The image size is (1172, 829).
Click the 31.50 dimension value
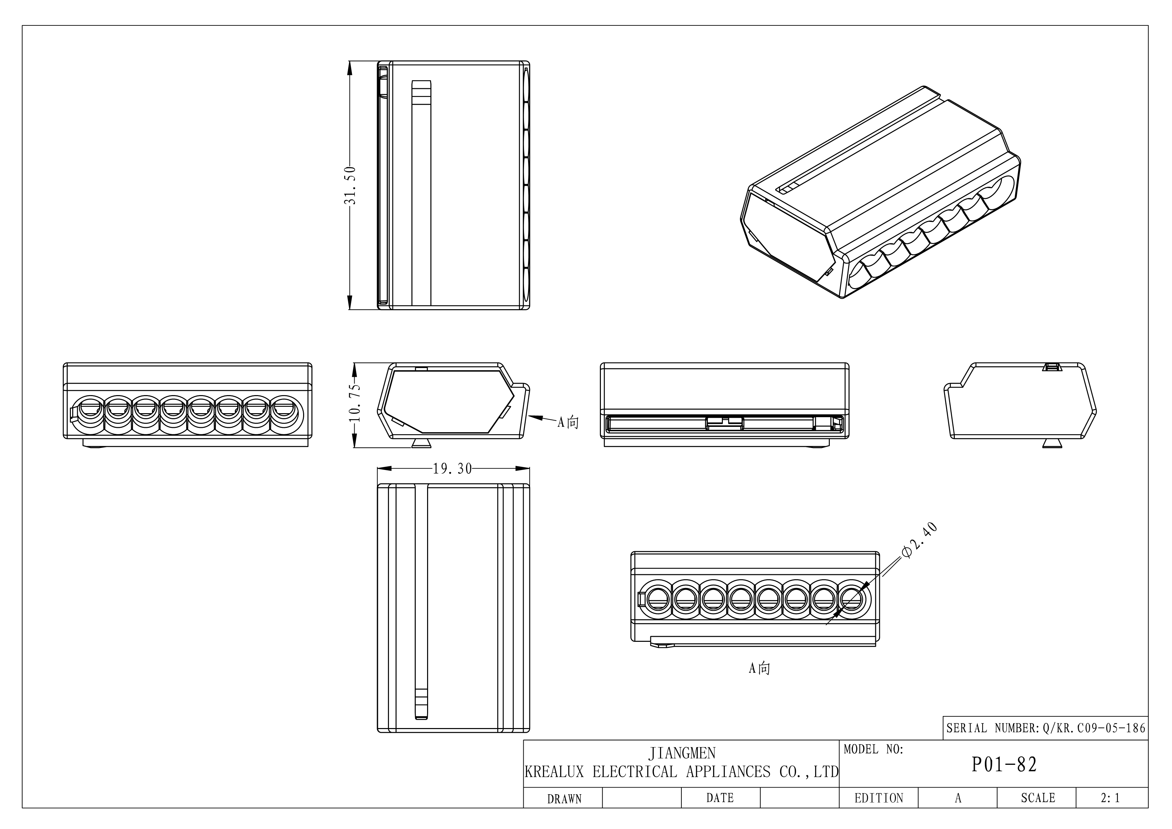350,185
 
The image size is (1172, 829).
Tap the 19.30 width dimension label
452,469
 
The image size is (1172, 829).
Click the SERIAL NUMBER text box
1045,728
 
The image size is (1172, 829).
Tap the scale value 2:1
1110,798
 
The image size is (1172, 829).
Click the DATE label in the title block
720,798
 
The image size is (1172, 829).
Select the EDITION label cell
879,798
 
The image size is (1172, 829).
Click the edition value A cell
957,798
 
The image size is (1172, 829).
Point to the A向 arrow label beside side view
568,422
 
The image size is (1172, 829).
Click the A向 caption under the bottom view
759,668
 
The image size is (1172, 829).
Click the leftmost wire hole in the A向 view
658,598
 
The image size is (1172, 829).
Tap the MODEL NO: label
873,749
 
